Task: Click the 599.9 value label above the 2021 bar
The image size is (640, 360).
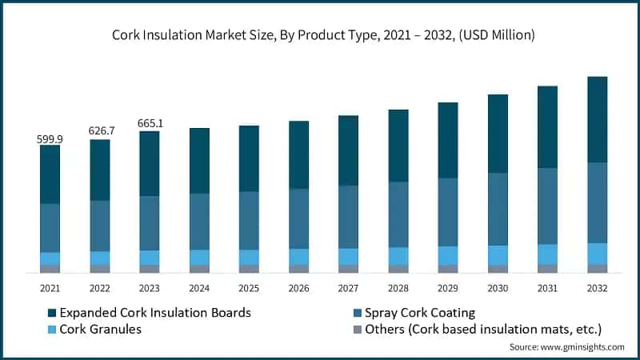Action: pos(50,139)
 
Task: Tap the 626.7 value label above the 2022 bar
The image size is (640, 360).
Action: pos(100,130)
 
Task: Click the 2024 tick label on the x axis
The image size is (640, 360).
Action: pos(199,288)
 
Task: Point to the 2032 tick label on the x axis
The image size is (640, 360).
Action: pos(597,288)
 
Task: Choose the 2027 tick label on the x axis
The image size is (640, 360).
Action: pos(348,288)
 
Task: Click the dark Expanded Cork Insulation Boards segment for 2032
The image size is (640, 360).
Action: pos(597,120)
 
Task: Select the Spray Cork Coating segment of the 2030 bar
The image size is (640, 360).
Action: pos(498,209)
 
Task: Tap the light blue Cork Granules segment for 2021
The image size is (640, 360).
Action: pos(50,258)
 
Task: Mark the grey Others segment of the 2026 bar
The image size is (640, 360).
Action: pos(298,269)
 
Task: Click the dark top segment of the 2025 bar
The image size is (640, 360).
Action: pos(249,158)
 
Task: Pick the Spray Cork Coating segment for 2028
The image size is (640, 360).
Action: pos(398,214)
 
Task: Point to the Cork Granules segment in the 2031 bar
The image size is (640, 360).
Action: pos(547,254)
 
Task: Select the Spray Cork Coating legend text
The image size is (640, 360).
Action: pos(419,312)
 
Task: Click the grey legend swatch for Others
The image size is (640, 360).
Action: pos(355,330)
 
